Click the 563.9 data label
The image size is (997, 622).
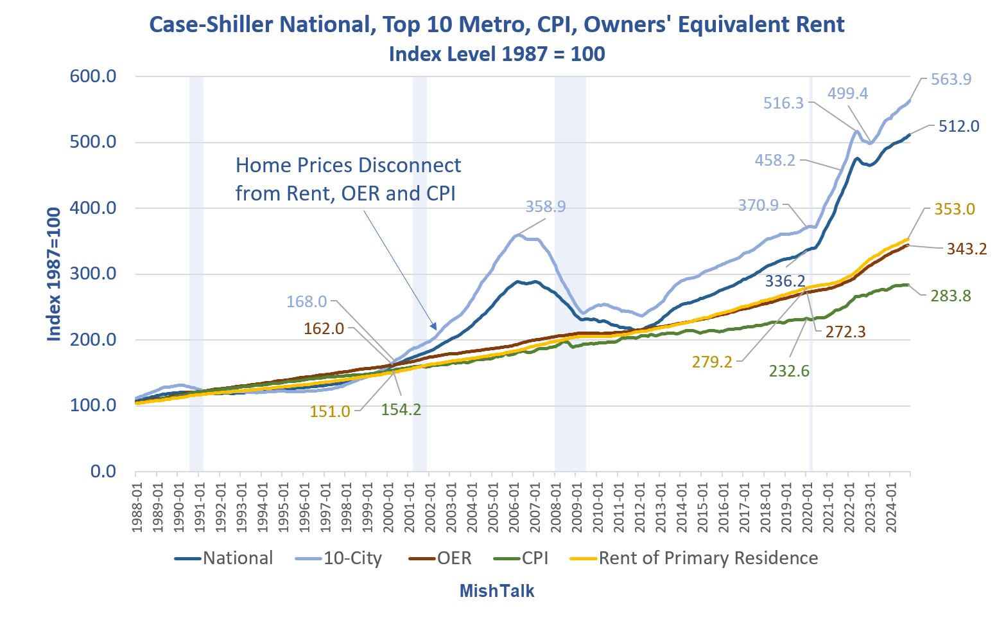[951, 80]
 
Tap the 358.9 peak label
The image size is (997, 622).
[545, 207]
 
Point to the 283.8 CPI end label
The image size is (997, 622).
[951, 296]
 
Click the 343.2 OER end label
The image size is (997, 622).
[966, 249]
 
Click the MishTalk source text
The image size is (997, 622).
[497, 591]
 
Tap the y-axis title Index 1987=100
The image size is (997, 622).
[54, 274]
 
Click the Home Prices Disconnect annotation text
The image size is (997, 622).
[347, 179]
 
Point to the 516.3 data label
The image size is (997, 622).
[783, 103]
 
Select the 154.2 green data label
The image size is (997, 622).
[401, 409]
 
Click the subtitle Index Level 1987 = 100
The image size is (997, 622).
[497, 54]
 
